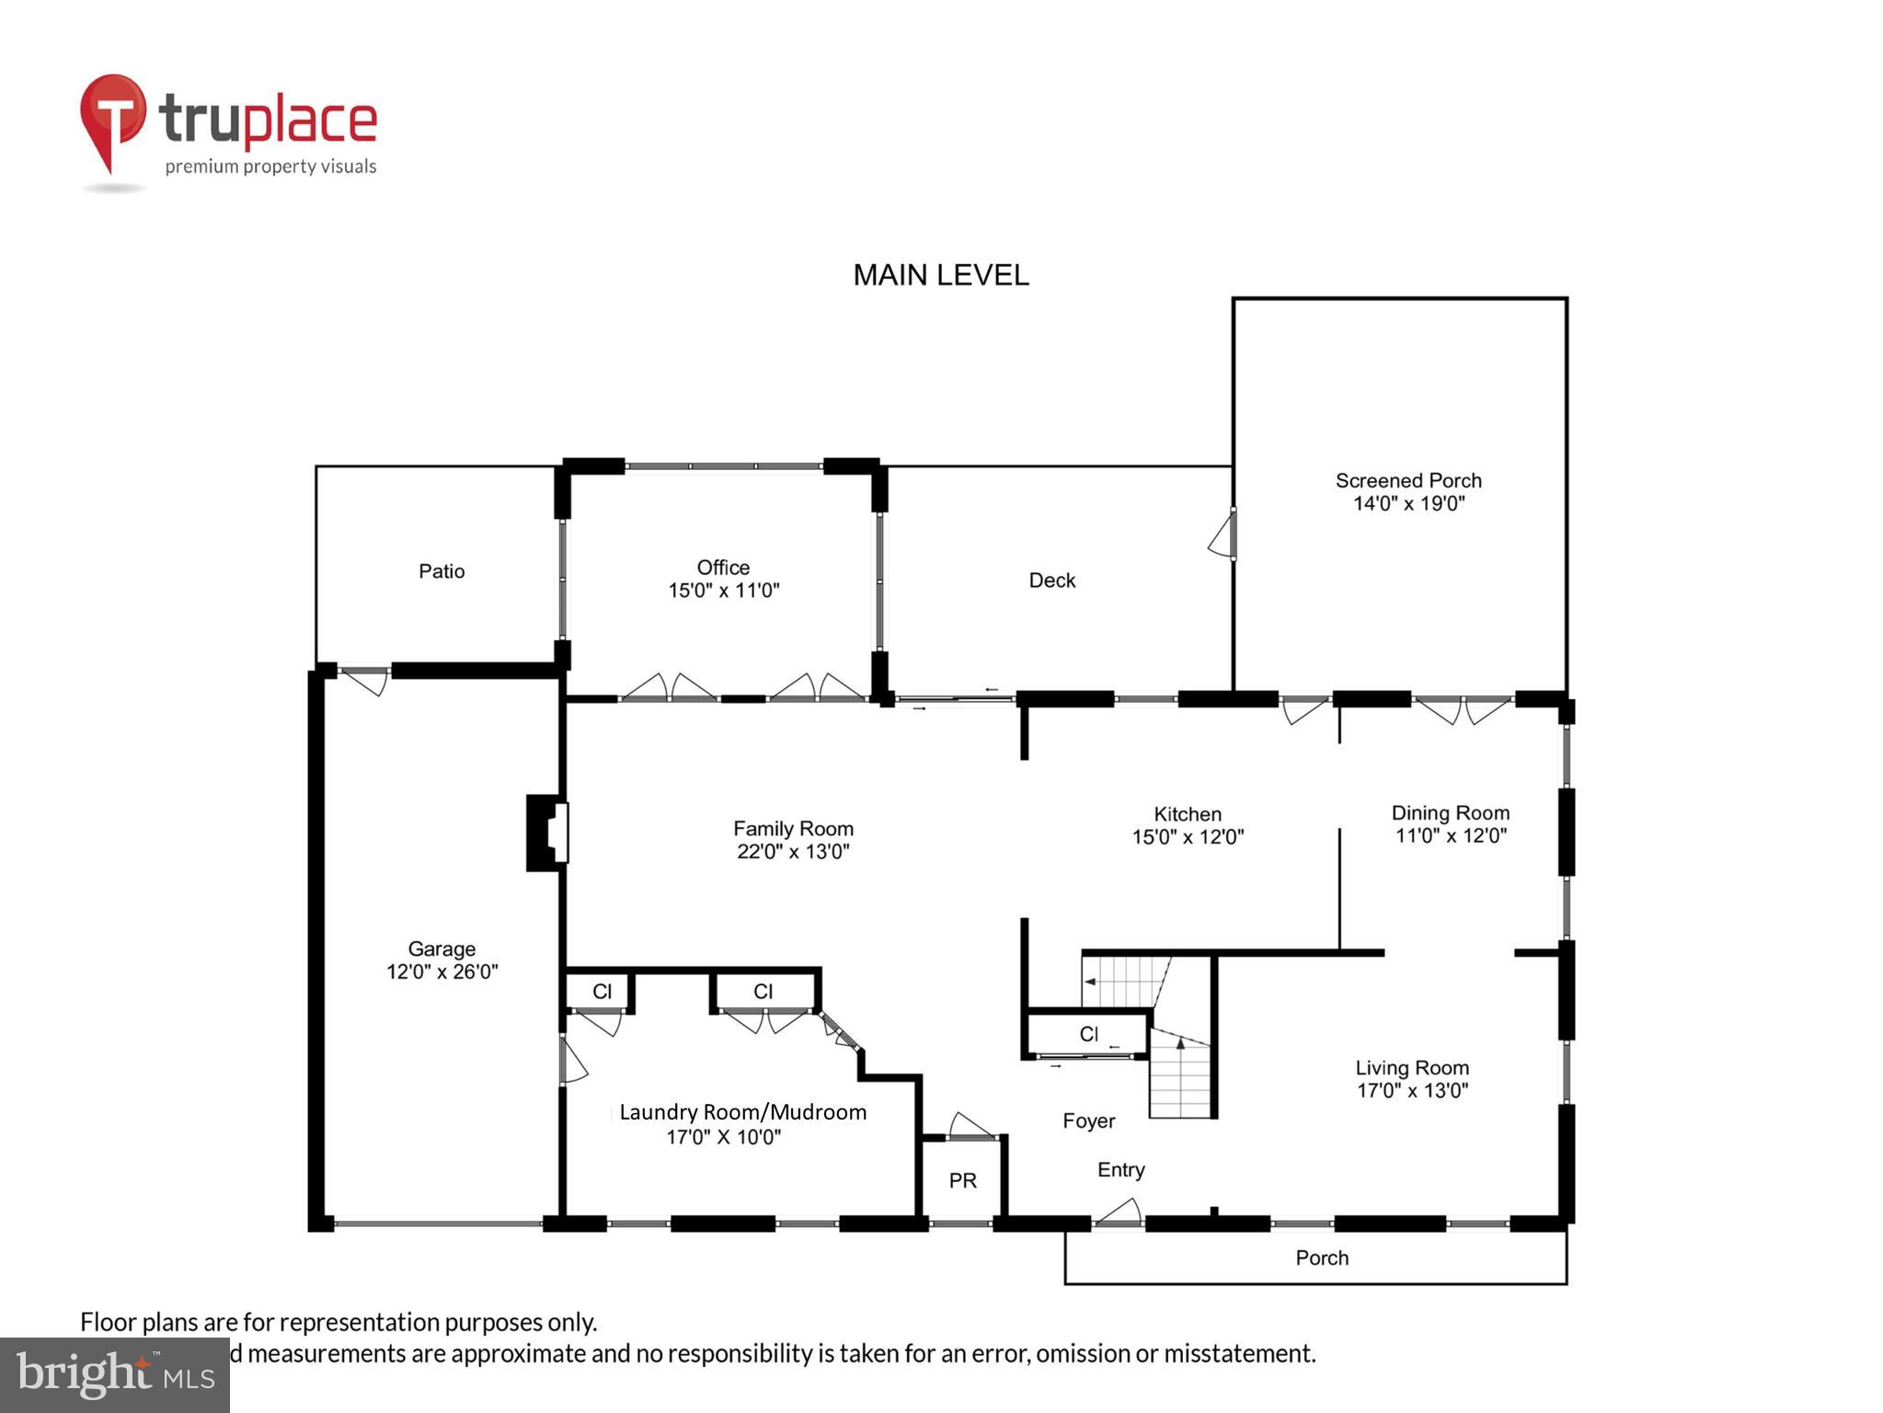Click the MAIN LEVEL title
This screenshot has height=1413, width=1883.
pyautogui.click(x=940, y=275)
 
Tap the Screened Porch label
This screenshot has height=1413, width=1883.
pyautogui.click(x=1407, y=480)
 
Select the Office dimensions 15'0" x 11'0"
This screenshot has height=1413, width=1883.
pyautogui.click(x=723, y=591)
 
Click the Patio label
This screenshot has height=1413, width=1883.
pyautogui.click(x=442, y=571)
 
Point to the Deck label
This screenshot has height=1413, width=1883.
pyautogui.click(x=1051, y=580)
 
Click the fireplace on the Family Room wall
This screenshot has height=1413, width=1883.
pyautogui.click(x=547, y=833)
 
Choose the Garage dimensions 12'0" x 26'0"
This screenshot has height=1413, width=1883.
pyautogui.click(x=442, y=971)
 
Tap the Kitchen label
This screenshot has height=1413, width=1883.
pyautogui.click(x=1187, y=814)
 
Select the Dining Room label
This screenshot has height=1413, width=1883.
pyautogui.click(x=1450, y=813)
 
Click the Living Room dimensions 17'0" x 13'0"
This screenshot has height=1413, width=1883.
pyautogui.click(x=1412, y=1091)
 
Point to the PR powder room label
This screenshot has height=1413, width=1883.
pyautogui.click(x=962, y=1180)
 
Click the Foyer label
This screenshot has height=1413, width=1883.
pyautogui.click(x=1088, y=1120)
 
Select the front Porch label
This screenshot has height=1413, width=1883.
pyautogui.click(x=1321, y=1258)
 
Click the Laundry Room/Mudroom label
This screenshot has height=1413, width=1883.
pyautogui.click(x=742, y=1112)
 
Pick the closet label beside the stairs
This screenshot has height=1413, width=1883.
pyautogui.click(x=1088, y=1034)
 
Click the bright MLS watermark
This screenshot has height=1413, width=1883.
pyautogui.click(x=115, y=1374)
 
